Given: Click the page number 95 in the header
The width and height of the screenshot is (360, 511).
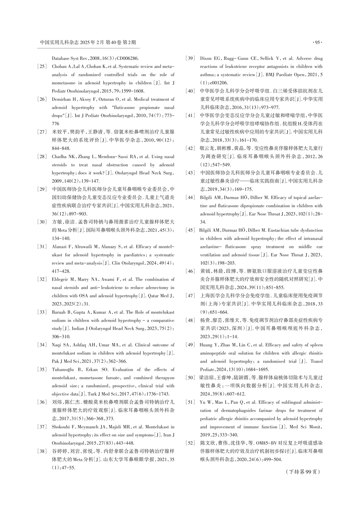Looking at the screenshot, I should (316, 43).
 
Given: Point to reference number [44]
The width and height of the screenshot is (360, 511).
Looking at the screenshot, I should (190, 197).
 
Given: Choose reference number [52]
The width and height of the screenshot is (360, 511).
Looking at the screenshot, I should (190, 443).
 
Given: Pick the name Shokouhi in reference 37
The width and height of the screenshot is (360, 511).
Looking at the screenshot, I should (61, 427).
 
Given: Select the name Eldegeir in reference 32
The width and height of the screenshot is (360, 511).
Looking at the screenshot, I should (61, 279).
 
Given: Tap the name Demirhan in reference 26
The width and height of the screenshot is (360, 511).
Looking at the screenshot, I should (62, 99).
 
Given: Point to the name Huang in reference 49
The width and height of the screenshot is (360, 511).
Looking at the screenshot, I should (207, 345).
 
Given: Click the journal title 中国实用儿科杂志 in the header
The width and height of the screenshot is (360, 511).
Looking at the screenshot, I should (59, 43).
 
